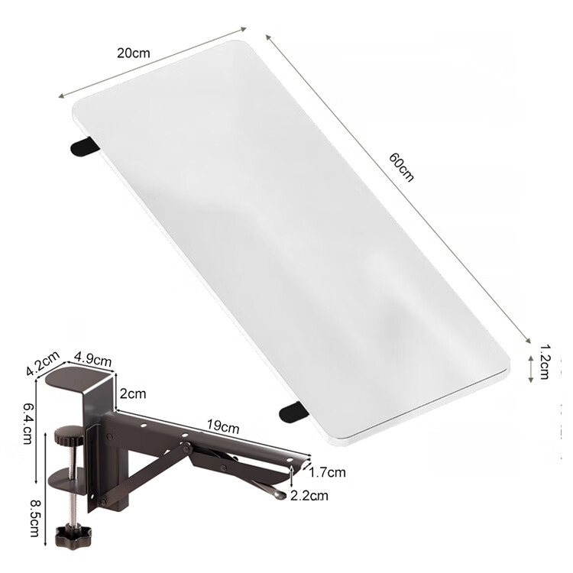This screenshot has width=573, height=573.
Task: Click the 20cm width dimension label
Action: [134, 53]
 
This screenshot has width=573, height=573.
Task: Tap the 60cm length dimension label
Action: [402, 167]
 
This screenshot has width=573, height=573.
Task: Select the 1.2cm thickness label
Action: [545, 362]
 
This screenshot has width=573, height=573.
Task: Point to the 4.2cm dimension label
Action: [43, 363]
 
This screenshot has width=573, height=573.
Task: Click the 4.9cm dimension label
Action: [92, 359]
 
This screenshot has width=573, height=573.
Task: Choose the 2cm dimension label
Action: [133, 393]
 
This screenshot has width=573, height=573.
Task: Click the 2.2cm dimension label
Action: [309, 496]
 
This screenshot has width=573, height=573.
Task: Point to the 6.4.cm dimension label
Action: [28, 423]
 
